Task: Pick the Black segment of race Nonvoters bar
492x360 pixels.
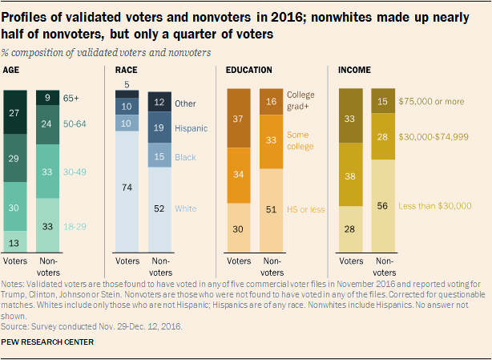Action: click(161, 158)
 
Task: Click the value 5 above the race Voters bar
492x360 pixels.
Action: click(126, 85)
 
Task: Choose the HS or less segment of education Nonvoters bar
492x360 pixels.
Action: click(270, 209)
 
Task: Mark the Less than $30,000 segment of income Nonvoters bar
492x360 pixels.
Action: click(383, 204)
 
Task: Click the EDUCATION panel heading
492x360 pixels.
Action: click(249, 71)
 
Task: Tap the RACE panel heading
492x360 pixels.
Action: click(128, 71)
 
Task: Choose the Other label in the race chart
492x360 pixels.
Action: click(185, 103)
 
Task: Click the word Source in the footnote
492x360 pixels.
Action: click(15, 326)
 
